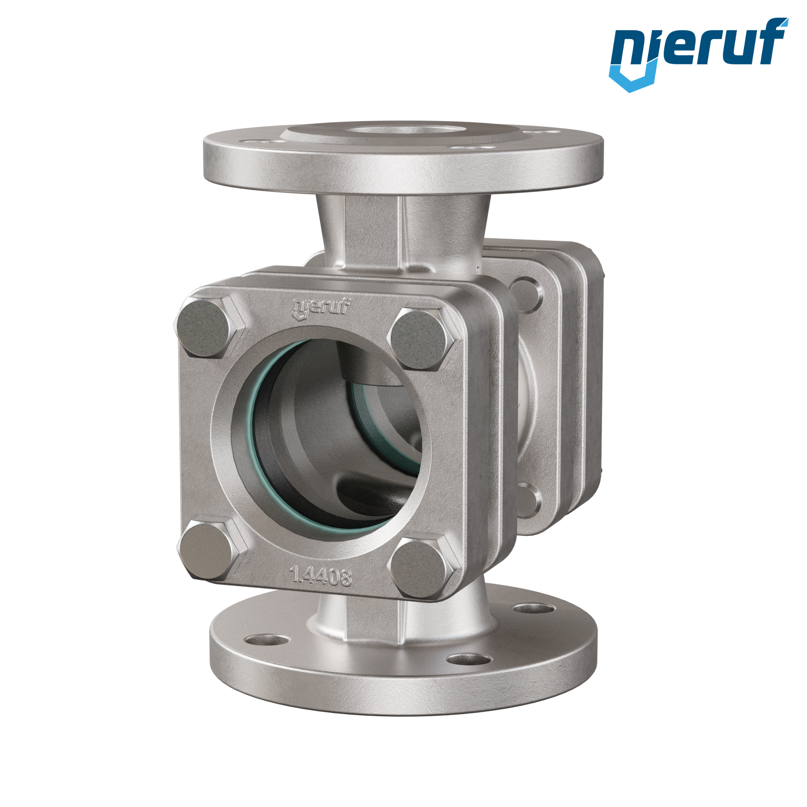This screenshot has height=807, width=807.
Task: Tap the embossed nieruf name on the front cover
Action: click(x=322, y=308)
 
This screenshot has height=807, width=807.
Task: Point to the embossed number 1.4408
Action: click(x=321, y=577)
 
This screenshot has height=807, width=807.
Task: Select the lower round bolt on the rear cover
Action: click(x=526, y=499)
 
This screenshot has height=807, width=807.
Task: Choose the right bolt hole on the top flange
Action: click(x=472, y=147)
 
